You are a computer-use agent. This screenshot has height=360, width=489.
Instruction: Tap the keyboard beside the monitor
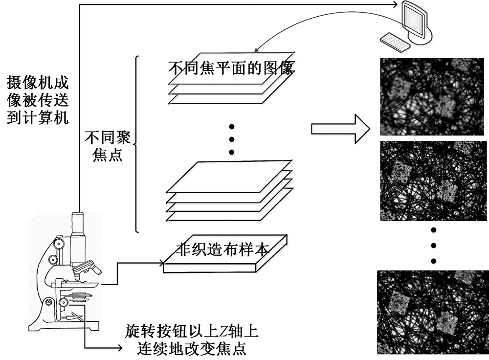point(394,42)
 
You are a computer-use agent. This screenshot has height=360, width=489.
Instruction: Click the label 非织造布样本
point(222,249)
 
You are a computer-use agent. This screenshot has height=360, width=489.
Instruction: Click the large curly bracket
point(136,144)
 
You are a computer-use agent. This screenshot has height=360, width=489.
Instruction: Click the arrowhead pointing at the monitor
point(397,4)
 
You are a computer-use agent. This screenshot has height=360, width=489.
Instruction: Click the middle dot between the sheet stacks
point(232,139)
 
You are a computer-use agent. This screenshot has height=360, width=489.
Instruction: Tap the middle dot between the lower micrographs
point(433,245)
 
